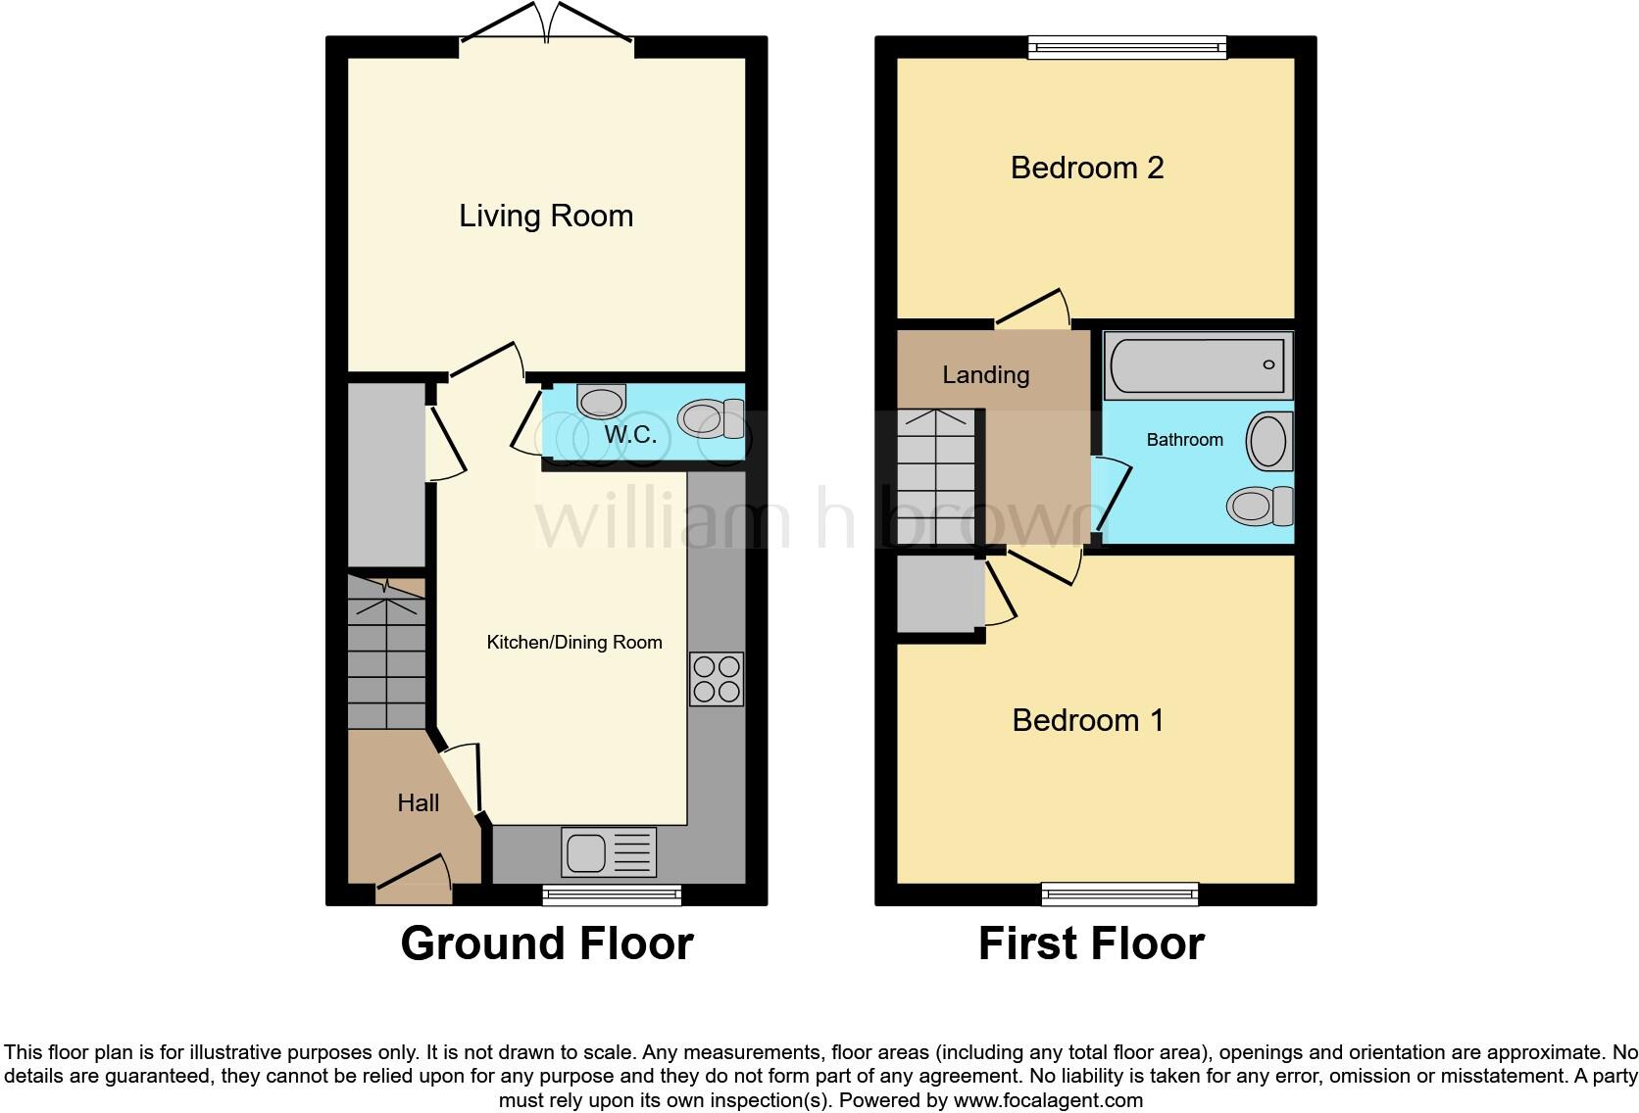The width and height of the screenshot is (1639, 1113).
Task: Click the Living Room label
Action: pyautogui.click(x=546, y=216)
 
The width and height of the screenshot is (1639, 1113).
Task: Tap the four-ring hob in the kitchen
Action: pyautogui.click(x=717, y=679)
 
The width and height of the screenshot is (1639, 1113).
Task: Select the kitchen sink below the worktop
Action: pyautogui.click(x=609, y=851)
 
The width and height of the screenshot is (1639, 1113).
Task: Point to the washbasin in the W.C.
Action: pyautogui.click(x=601, y=401)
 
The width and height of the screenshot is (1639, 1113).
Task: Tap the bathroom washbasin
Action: pyautogui.click(x=1269, y=442)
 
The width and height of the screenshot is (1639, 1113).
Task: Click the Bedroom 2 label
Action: pyautogui.click(x=1087, y=168)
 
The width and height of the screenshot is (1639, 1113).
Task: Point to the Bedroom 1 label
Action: pyautogui.click(x=1088, y=720)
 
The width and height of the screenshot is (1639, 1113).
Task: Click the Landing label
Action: pyautogui.click(x=985, y=374)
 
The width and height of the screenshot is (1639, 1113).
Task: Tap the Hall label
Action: pyautogui.click(x=418, y=802)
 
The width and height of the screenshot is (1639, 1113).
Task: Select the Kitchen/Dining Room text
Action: pyautogui.click(x=574, y=643)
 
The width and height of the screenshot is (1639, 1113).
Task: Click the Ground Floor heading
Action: pyautogui.click(x=547, y=943)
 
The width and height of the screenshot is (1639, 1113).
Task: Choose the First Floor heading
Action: pyautogui.click(x=1091, y=943)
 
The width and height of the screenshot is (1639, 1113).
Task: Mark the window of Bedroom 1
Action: pyautogui.click(x=1119, y=893)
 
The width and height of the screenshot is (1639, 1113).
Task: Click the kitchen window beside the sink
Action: pyautogui.click(x=613, y=893)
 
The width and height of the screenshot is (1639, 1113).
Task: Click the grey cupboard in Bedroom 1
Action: pyautogui.click(x=940, y=595)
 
